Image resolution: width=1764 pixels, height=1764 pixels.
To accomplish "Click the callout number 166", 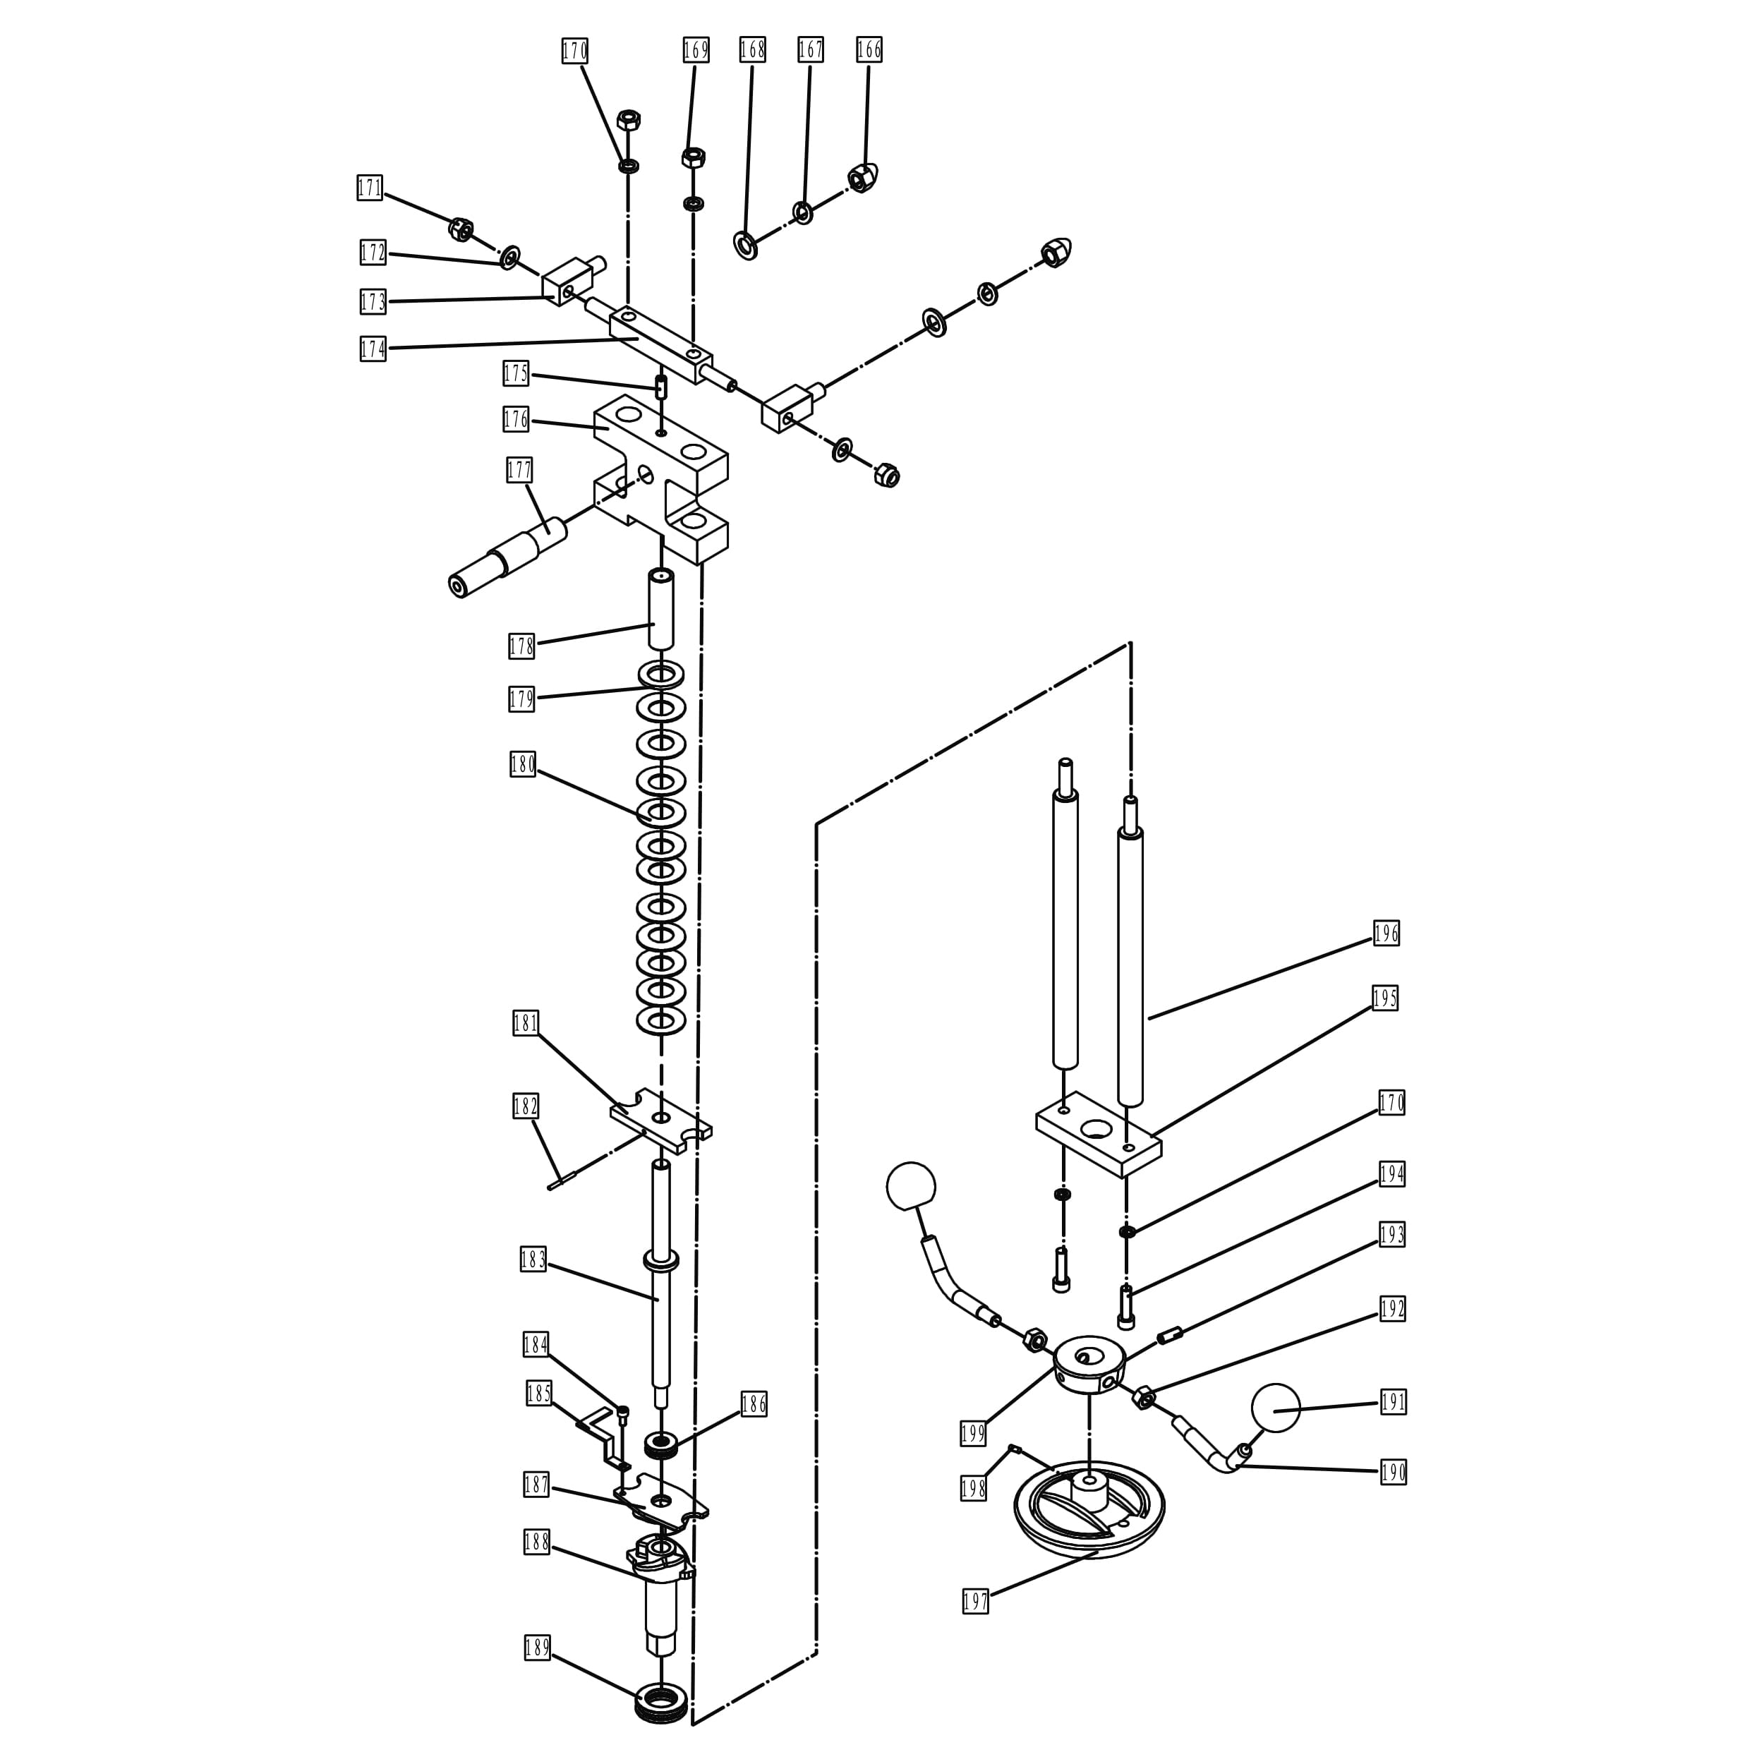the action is pos(869,49).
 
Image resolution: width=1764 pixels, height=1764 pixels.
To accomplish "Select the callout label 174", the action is pos(373,349).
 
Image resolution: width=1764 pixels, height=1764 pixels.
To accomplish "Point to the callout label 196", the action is pos(1386,933).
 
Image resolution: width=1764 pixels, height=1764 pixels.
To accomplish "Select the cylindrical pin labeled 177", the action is pos(507,557).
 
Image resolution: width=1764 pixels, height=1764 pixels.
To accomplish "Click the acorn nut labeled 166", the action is pos(861,177).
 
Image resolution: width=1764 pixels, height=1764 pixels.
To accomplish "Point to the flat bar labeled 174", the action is pos(662,344).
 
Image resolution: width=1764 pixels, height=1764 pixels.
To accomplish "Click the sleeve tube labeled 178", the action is pos(661,608).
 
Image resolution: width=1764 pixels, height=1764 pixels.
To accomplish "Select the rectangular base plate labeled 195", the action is pos(1099,1135).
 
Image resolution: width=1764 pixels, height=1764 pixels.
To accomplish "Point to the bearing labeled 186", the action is pos(658,1445).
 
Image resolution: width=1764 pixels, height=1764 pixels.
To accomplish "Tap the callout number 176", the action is pos(516,419).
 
